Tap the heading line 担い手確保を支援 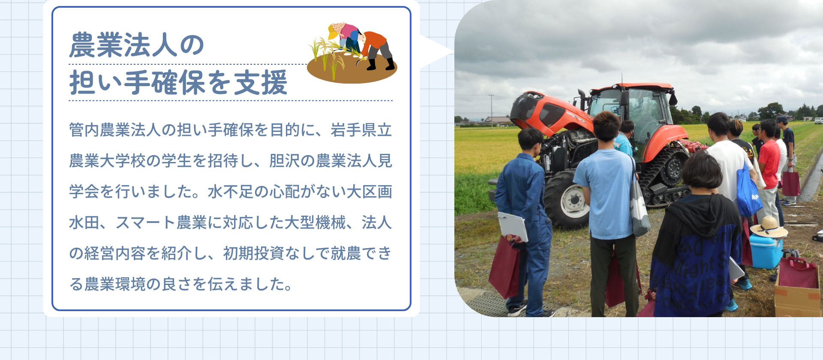tap(178, 82)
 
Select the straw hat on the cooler tap(769, 227)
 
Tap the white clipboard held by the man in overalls tap(513, 226)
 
